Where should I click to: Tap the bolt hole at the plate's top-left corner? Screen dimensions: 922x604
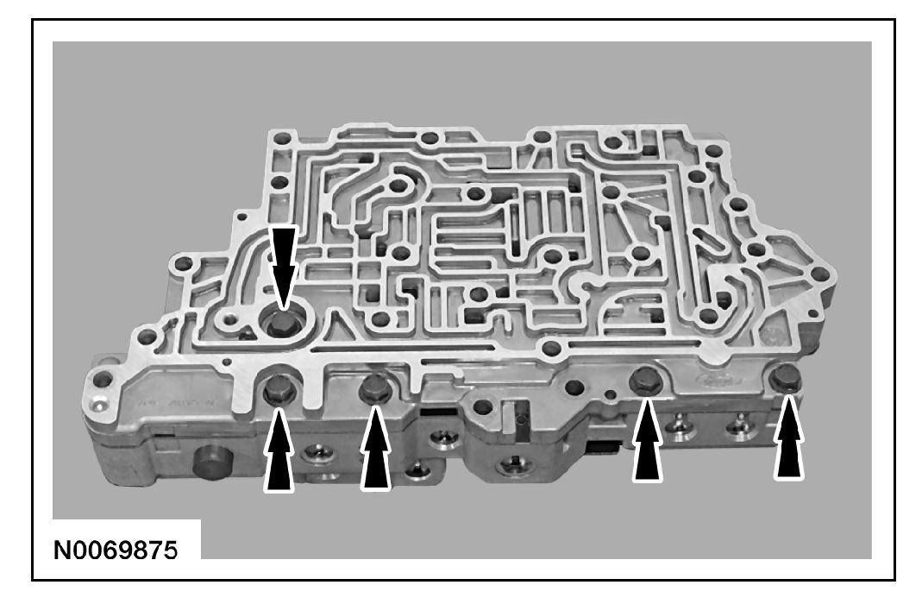tap(279, 136)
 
